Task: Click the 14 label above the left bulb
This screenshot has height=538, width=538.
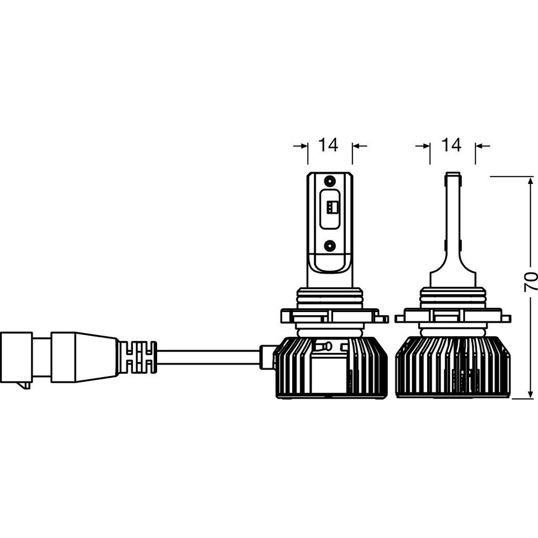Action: (x=329, y=145)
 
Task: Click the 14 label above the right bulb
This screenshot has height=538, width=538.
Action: (x=451, y=145)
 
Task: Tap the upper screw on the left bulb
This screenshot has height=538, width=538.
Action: (x=330, y=180)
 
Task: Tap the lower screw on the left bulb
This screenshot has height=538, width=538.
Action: (x=330, y=245)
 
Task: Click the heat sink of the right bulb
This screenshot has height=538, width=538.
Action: (x=453, y=367)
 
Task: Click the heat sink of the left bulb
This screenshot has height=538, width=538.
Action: (x=332, y=367)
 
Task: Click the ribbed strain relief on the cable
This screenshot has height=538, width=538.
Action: (x=137, y=358)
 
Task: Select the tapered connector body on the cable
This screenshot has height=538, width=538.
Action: (x=84, y=357)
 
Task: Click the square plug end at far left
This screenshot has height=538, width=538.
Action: (x=17, y=358)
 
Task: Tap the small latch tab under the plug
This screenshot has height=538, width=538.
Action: (x=24, y=386)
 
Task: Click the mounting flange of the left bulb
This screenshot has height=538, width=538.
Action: (x=335, y=316)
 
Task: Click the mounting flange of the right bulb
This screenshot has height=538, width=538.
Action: (x=453, y=316)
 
